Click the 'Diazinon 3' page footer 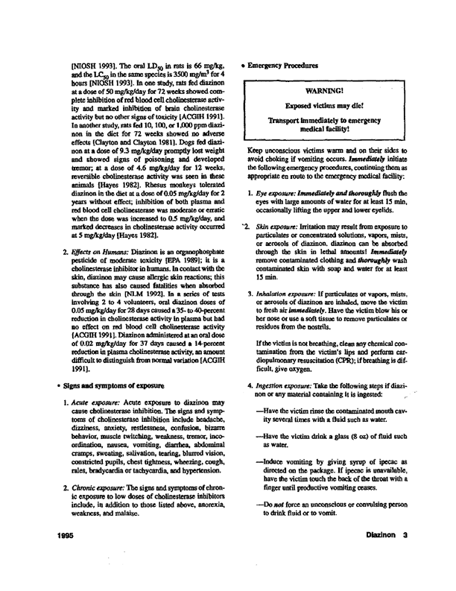click(401, 556)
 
